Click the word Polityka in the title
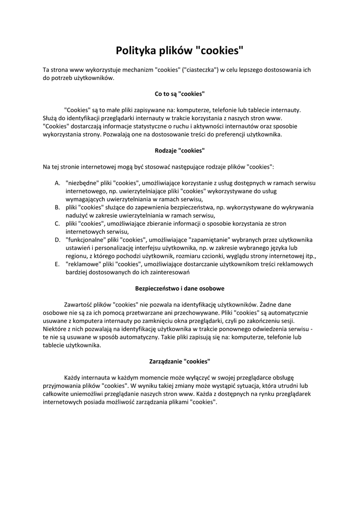[136, 51]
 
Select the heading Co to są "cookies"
[180, 93]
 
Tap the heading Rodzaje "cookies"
[180, 150]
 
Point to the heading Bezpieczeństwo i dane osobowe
[180, 288]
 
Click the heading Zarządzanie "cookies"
[180, 361]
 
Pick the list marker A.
[57, 183]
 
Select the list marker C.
[57, 224]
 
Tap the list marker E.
[57, 264]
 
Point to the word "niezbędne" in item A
[81, 183]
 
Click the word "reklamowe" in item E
[82, 264]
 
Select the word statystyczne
[134, 126]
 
